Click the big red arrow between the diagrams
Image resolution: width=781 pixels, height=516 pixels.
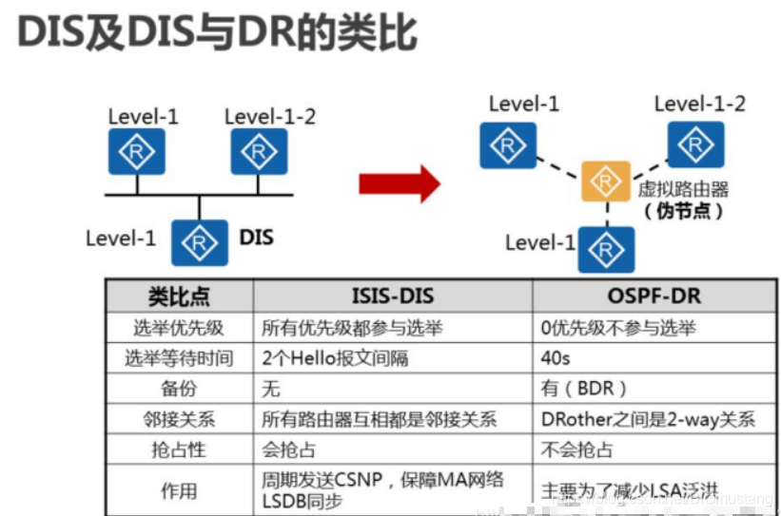point(400,182)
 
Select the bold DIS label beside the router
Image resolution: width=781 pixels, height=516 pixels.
point(256,236)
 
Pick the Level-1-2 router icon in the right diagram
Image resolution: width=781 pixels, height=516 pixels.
point(696,143)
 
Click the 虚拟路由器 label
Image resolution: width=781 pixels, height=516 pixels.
point(683,188)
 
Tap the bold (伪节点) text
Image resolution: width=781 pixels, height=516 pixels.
point(683,211)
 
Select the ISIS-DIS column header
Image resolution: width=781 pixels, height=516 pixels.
point(393,296)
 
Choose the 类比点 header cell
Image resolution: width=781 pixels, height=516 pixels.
point(179,296)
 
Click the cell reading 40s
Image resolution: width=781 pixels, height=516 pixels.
point(557,358)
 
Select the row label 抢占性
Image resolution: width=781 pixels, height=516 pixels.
point(179,449)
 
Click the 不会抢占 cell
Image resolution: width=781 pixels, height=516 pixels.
point(577,449)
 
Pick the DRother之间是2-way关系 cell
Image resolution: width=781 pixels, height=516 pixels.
point(648,419)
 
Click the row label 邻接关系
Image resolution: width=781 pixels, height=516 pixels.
point(179,419)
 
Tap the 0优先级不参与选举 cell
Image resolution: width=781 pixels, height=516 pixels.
point(618,328)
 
